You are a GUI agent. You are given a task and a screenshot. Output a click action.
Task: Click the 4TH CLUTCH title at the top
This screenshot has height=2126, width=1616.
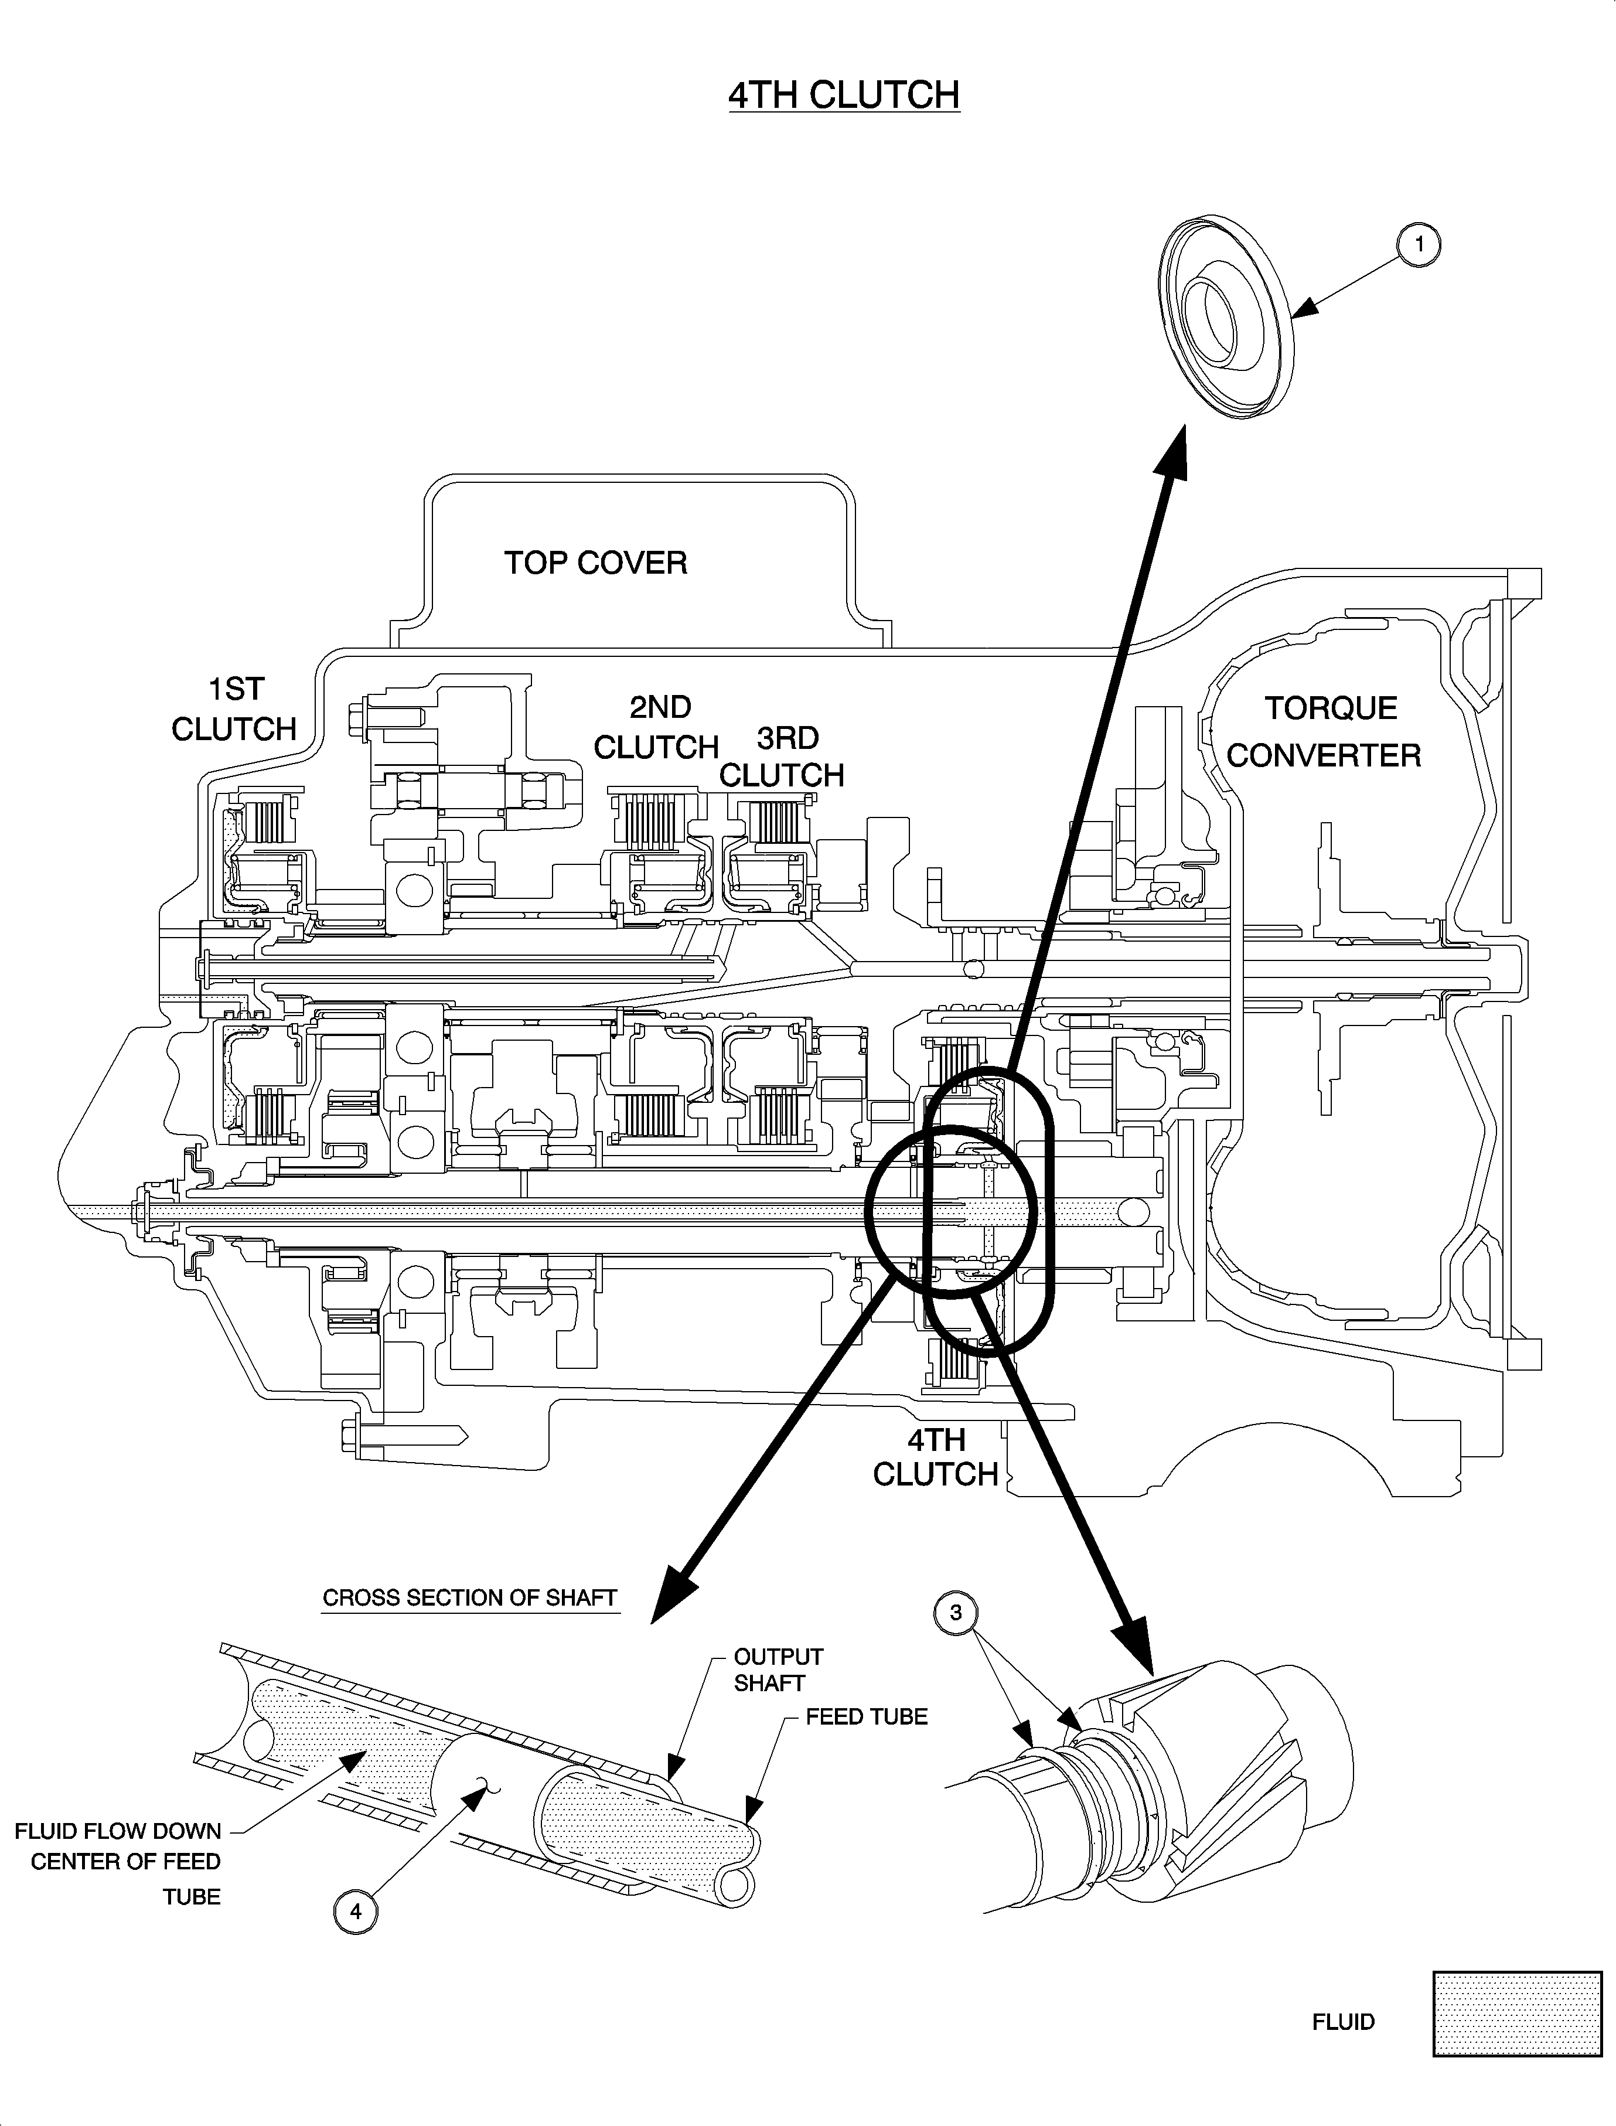(844, 96)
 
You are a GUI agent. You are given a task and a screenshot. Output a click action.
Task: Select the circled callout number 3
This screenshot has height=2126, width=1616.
(955, 1612)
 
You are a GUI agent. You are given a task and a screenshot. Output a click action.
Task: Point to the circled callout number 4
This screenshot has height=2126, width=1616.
(356, 1912)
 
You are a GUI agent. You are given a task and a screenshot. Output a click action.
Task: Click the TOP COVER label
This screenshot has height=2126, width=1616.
(595, 563)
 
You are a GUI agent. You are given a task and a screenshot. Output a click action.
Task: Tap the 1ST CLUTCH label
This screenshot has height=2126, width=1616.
(235, 710)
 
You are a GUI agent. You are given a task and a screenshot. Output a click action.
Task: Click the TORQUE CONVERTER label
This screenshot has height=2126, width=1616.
(1325, 732)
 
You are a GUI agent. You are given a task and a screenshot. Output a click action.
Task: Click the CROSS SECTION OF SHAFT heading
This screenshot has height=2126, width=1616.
(469, 1598)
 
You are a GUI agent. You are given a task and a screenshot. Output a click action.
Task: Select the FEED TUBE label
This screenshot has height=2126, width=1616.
(867, 1716)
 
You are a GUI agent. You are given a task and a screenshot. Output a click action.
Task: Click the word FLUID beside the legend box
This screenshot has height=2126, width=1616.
(1343, 2022)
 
